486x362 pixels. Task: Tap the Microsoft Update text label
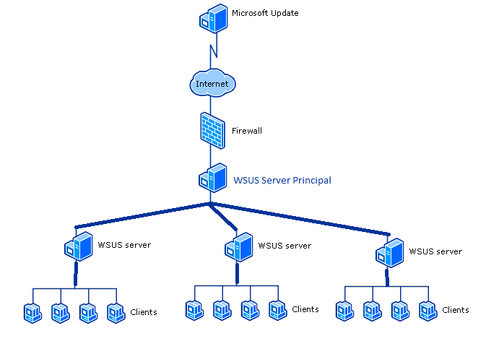point(265,13)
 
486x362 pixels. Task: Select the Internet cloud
point(212,83)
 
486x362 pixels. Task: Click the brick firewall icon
point(213,130)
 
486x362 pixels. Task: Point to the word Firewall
point(246,131)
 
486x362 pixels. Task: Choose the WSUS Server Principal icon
point(213,178)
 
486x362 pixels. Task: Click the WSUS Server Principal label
point(282,180)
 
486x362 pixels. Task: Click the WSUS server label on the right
point(435,251)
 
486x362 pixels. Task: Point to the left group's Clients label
point(144,312)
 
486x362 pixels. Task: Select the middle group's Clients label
point(305,309)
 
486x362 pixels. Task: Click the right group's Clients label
point(456,310)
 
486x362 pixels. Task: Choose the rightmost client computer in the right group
point(428,311)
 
